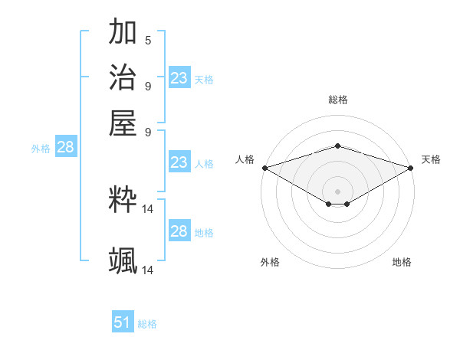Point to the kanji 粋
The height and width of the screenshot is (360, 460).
(x=123, y=200)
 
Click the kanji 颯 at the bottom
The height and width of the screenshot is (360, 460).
(x=123, y=261)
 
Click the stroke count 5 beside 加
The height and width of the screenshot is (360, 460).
(x=148, y=41)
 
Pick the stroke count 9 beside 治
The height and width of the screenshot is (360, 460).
(x=148, y=86)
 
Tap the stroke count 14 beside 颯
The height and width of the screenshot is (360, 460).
(x=148, y=270)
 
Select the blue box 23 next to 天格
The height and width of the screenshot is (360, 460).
(x=179, y=78)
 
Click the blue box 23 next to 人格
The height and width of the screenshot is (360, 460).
(x=179, y=162)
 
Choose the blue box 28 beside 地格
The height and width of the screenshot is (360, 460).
(x=179, y=231)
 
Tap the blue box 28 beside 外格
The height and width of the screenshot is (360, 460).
(x=65, y=148)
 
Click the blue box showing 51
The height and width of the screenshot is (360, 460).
(x=123, y=322)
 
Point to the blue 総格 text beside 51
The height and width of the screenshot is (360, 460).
(x=147, y=324)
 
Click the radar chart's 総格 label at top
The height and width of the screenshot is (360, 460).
(x=338, y=100)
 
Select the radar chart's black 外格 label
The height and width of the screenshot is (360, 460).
(x=270, y=262)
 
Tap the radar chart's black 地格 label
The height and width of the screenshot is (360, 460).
(x=402, y=262)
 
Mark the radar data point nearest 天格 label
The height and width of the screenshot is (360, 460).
(x=411, y=168)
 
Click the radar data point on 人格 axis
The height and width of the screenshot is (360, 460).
(x=264, y=168)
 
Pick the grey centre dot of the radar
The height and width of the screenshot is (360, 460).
(x=338, y=191)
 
